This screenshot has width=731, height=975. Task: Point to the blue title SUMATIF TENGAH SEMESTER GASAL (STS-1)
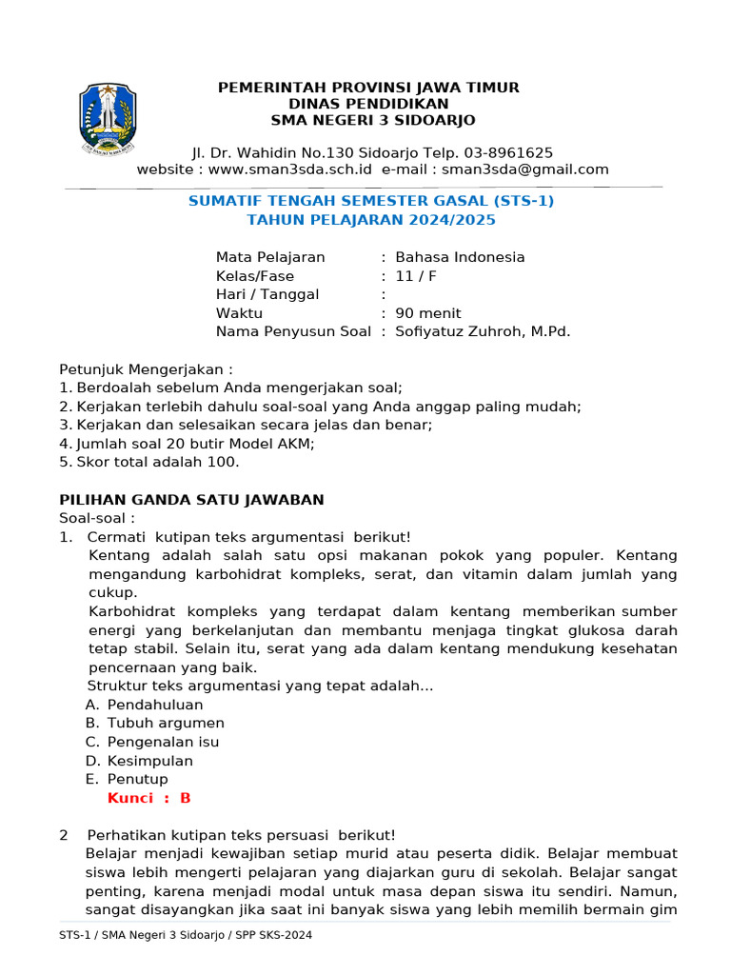pyautogui.click(x=371, y=201)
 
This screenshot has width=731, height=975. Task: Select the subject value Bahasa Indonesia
pyautogui.click(x=460, y=257)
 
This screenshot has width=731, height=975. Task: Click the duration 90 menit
pyautogui.click(x=428, y=313)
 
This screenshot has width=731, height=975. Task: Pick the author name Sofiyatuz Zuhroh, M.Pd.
pyautogui.click(x=483, y=331)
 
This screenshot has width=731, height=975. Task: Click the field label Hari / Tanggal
pyautogui.click(x=267, y=294)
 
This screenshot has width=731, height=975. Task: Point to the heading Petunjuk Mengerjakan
pyautogui.click(x=146, y=368)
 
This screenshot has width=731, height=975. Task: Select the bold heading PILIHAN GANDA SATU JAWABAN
pyautogui.click(x=191, y=499)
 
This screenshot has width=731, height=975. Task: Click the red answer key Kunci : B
pyautogui.click(x=149, y=798)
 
